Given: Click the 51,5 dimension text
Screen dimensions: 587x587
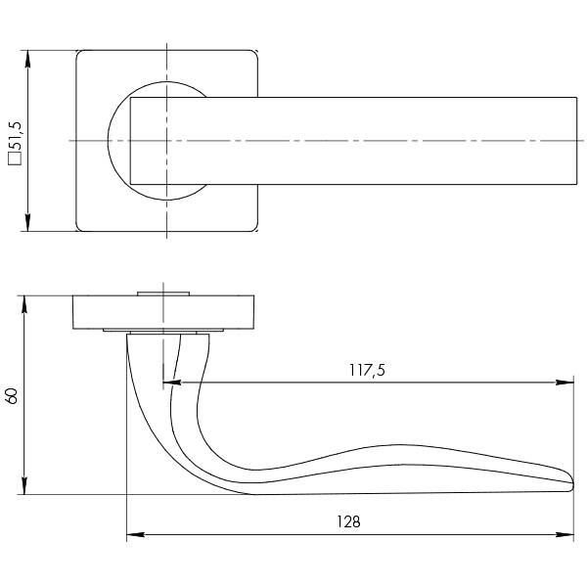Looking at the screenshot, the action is pyautogui.click(x=16, y=136).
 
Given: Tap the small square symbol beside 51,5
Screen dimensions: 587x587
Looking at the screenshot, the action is pyautogui.click(x=16, y=158).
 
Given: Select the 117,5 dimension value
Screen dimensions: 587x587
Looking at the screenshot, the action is pyautogui.click(x=367, y=370).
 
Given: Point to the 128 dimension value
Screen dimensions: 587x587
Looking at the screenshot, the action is pyautogui.click(x=348, y=521).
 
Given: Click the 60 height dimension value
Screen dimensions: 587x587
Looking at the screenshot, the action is pyautogui.click(x=12, y=396).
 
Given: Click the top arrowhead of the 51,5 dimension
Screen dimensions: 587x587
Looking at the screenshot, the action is pyautogui.click(x=27, y=59).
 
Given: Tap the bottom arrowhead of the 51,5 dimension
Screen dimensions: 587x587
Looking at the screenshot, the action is pyautogui.click(x=27, y=223).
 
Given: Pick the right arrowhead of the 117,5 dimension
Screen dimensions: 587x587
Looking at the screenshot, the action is pyautogui.click(x=564, y=383).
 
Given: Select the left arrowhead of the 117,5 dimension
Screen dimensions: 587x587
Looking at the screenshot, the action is pyautogui.click(x=172, y=383).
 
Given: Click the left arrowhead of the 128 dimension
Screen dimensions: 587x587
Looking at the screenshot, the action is pyautogui.click(x=136, y=534).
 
